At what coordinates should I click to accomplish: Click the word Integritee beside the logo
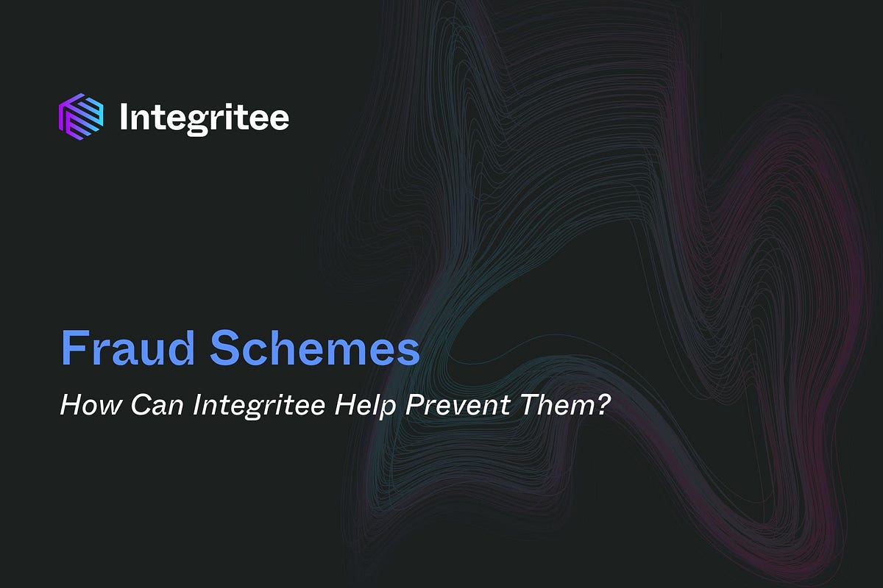pyautogui.click(x=204, y=118)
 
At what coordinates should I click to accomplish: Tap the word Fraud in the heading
pyautogui.click(x=126, y=350)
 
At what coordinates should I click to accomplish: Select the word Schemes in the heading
pyautogui.click(x=315, y=350)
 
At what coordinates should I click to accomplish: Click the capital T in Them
pyautogui.click(x=533, y=405)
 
